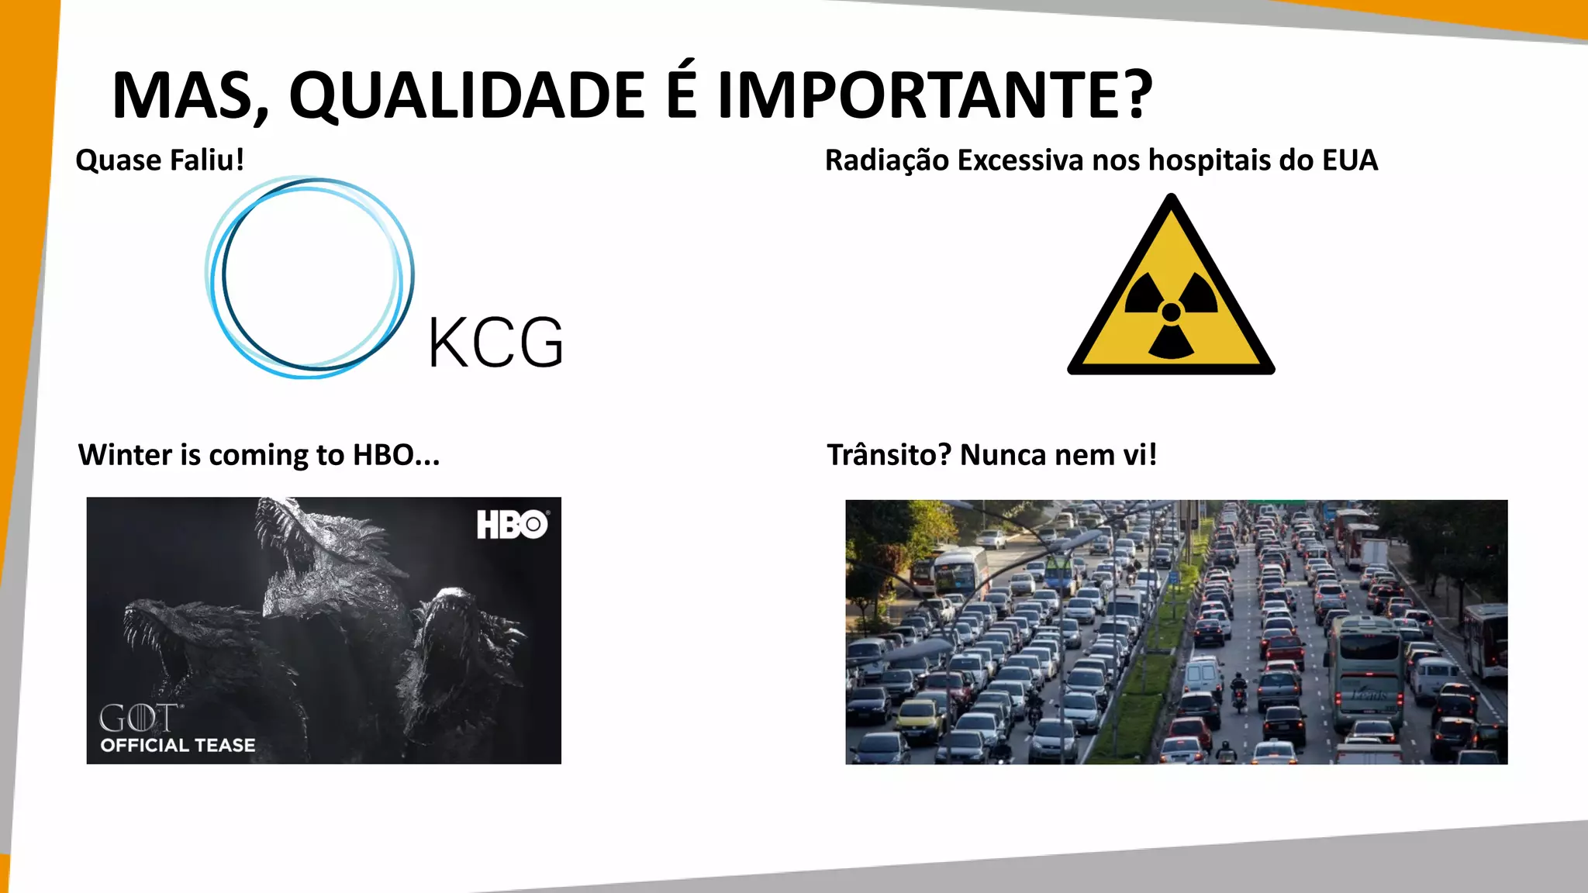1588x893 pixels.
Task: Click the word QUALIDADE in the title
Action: click(467, 95)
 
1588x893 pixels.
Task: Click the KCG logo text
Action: click(495, 343)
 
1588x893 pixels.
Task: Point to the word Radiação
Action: click(886, 160)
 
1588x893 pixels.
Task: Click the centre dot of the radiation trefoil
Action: click(1171, 312)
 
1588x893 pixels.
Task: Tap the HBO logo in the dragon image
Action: click(512, 525)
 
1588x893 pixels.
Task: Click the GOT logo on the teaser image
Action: click(138, 719)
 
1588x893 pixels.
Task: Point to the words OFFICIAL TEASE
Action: click(178, 745)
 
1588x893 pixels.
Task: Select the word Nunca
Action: click(1003, 455)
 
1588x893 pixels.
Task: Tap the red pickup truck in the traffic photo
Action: click(1284, 650)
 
